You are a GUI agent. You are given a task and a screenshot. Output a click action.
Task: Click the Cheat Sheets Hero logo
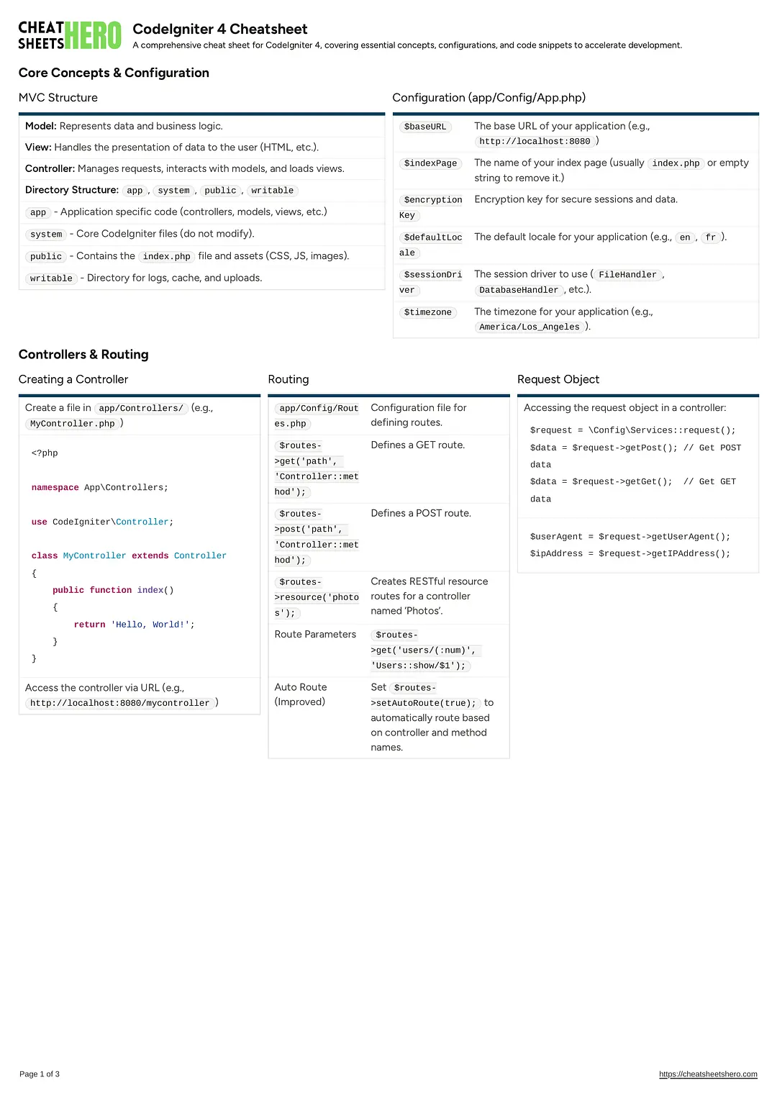pyautogui.click(x=70, y=35)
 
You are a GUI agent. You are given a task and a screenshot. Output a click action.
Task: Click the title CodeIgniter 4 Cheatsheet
pyautogui.click(x=219, y=29)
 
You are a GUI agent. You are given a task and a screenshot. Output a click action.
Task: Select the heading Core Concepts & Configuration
pyautogui.click(x=114, y=73)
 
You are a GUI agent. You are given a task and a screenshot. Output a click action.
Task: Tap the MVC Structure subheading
pyautogui.click(x=58, y=98)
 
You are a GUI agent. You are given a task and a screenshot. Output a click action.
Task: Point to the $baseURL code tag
pyautogui.click(x=425, y=127)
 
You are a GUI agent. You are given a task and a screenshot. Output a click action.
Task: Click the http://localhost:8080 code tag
pyautogui.click(x=535, y=142)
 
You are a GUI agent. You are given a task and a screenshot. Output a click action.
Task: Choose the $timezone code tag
pyautogui.click(x=428, y=312)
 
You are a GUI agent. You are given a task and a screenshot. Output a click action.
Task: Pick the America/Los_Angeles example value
pyautogui.click(x=529, y=327)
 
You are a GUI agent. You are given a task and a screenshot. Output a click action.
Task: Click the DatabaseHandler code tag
pyautogui.click(x=519, y=290)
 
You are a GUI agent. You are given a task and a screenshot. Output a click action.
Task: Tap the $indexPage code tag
pyautogui.click(x=430, y=163)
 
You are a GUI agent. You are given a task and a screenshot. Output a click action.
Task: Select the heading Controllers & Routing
pyautogui.click(x=83, y=355)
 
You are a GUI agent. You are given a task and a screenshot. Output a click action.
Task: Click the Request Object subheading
pyautogui.click(x=558, y=379)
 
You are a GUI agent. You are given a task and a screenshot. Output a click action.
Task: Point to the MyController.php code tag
pyautogui.click(x=73, y=424)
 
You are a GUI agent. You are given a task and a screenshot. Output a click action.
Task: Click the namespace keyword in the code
pyautogui.click(x=55, y=488)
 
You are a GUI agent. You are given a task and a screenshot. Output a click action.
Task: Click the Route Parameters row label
pyautogui.click(x=315, y=634)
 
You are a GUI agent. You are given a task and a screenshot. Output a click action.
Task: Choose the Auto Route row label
pyautogui.click(x=301, y=687)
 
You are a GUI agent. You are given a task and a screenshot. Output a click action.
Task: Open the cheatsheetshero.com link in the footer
pyautogui.click(x=708, y=1074)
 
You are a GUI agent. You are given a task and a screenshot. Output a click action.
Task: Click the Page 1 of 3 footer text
pyautogui.click(x=40, y=1074)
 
